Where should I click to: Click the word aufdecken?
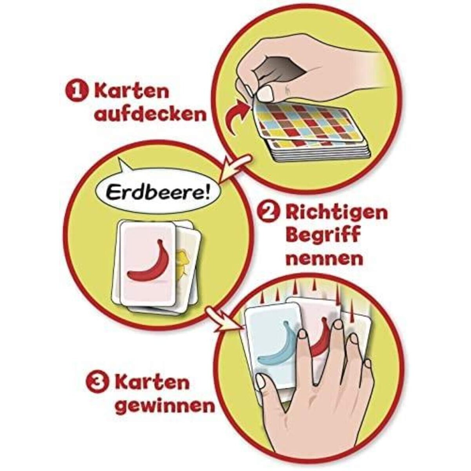click(152, 115)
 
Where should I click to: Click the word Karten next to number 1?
click(131, 91)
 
